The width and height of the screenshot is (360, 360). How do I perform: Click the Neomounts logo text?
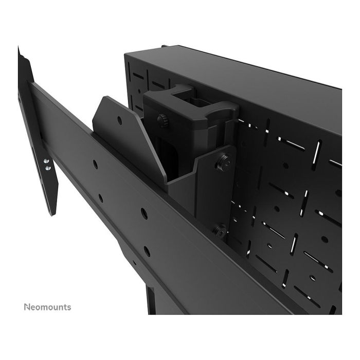tap(47, 307)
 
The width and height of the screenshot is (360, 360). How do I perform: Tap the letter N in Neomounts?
tap(27, 307)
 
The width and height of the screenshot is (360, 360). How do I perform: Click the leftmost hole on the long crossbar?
tap(95, 165)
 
